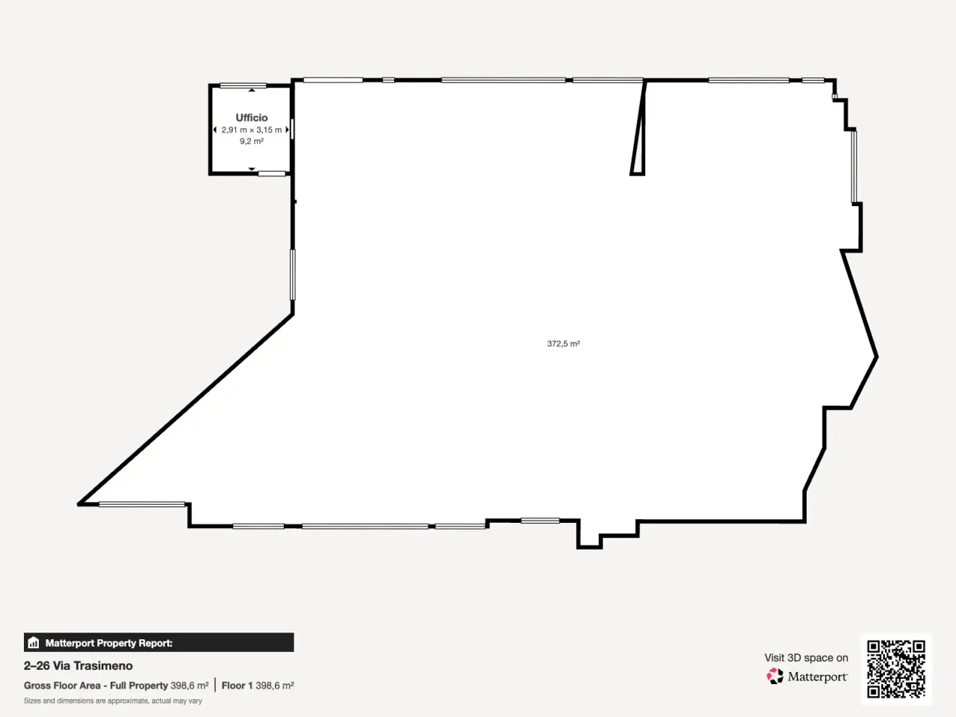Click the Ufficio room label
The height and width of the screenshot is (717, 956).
[251, 117]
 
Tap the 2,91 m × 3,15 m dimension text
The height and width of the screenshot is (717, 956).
[251, 130]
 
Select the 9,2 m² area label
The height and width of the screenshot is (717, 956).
[251, 141]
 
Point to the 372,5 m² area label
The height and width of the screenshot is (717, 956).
[563, 344]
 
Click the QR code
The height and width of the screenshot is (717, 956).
[896, 668]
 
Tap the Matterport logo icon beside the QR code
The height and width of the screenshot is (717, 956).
[775, 676]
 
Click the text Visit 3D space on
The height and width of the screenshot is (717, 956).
[806, 657]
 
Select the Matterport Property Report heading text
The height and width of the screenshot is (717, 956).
[109, 643]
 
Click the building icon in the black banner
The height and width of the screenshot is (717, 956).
[34, 642]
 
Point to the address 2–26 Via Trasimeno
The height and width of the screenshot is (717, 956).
[78, 665]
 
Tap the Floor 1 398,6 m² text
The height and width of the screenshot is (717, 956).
[258, 686]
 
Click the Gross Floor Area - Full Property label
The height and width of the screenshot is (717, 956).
[96, 686]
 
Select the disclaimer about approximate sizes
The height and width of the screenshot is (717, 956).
[113, 701]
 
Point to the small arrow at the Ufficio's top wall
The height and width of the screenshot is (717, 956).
[252, 90]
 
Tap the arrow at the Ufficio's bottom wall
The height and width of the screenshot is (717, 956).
[252, 169]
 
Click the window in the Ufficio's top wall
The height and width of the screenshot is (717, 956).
[243, 86]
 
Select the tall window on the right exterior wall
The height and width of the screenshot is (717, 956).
[854, 167]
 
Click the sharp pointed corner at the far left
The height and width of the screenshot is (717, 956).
[79, 504]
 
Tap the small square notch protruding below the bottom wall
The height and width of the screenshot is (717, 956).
[589, 540]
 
